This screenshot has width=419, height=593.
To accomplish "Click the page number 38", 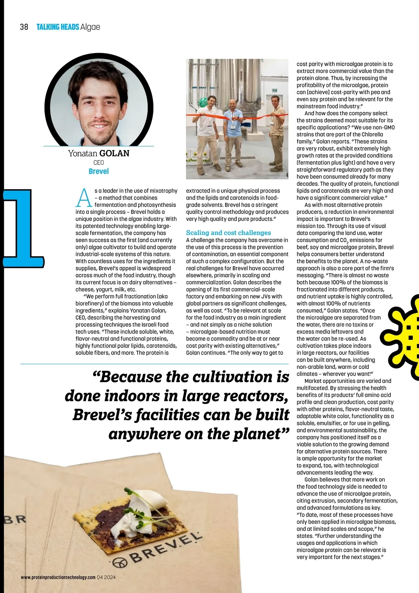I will click(24, 27).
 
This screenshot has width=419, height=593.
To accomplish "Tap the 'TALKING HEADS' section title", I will click(58, 27).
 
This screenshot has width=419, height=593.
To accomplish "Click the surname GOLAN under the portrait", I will click(114, 153).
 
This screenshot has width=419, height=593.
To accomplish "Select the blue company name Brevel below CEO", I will click(98, 171).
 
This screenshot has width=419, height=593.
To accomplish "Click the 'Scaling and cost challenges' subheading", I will click(228, 233).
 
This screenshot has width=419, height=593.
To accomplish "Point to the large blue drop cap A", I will click(84, 198).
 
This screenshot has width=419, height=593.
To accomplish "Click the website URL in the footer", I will click(58, 577).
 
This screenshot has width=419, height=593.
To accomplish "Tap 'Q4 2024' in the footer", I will click(106, 577).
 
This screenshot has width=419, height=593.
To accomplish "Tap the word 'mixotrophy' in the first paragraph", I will click(163, 191).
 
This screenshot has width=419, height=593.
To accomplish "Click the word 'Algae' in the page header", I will click(90, 27).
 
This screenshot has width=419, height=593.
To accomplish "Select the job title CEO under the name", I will click(98, 163).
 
